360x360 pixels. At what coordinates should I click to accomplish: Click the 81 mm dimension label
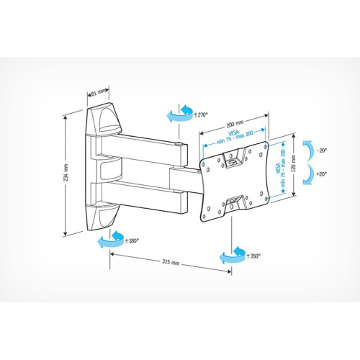pyautogui.click(x=99, y=92)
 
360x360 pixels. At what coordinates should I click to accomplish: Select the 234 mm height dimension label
pyautogui.click(x=66, y=173)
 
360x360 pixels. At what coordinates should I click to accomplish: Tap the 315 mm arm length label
pyautogui.click(x=171, y=262)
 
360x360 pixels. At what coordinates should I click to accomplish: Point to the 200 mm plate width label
pyautogui.click(x=235, y=124)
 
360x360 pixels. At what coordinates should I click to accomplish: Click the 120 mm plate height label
pyautogui.click(x=293, y=163)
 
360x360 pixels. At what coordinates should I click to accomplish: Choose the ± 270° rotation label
pyautogui.click(x=201, y=115)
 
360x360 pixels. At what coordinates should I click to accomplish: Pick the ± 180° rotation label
pyautogui.click(x=132, y=240)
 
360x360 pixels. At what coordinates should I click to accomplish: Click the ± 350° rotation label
pyautogui.click(x=253, y=256)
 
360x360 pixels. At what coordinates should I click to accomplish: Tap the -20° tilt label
pyautogui.click(x=322, y=150)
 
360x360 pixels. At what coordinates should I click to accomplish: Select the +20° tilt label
pyautogui.click(x=322, y=174)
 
